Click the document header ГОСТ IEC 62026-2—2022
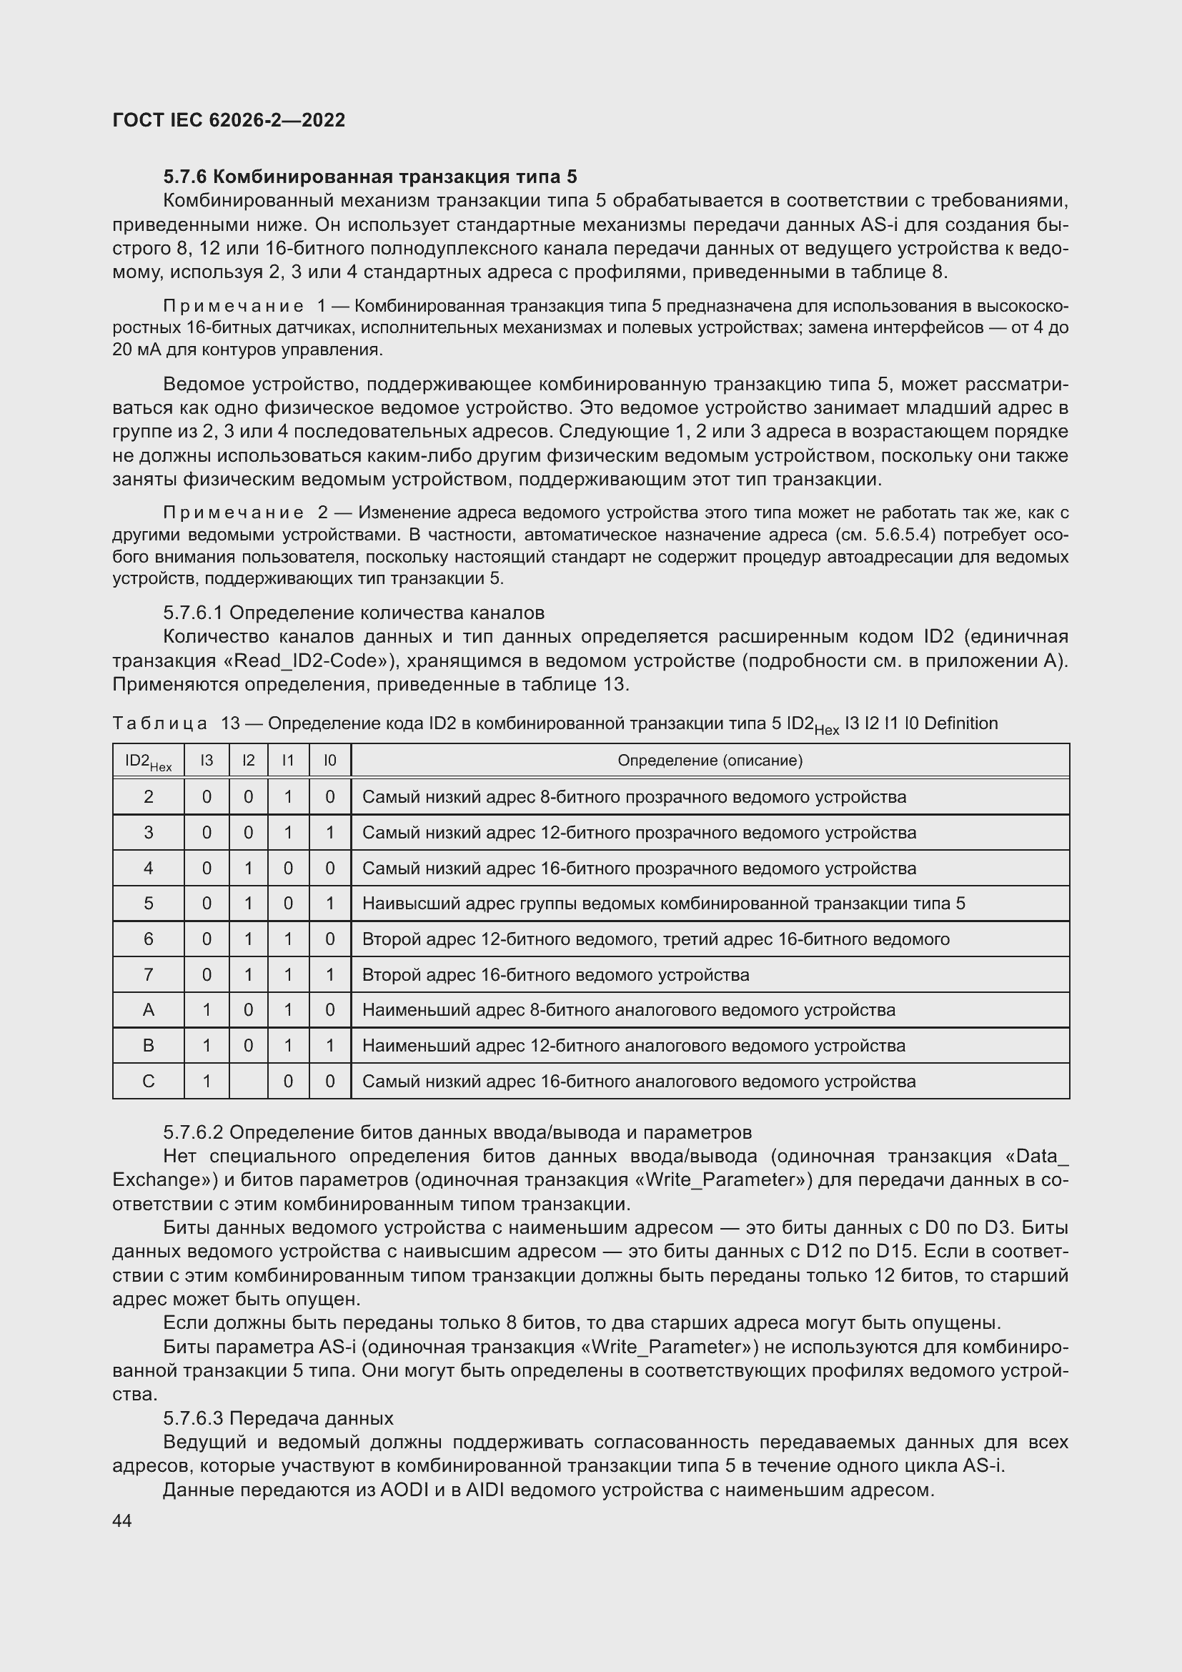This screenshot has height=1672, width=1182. [x=229, y=120]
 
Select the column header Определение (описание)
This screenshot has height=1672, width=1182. [x=710, y=761]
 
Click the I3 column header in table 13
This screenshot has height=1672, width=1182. [x=207, y=761]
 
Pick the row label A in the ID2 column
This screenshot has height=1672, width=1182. [x=149, y=1010]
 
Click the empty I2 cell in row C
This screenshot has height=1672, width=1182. [x=248, y=1082]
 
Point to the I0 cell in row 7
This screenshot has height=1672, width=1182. [x=329, y=974]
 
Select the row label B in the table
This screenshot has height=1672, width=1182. [x=149, y=1046]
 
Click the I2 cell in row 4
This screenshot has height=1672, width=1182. [x=248, y=868]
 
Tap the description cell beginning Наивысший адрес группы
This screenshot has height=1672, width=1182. [x=663, y=904]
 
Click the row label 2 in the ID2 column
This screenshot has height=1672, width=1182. [x=149, y=796]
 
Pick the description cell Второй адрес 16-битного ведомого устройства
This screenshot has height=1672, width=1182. [x=555, y=974]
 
